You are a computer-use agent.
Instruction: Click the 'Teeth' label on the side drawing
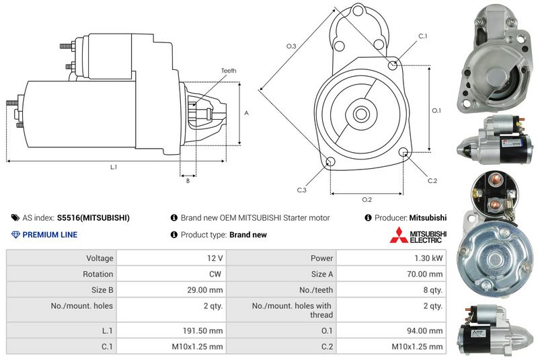tap(229, 71)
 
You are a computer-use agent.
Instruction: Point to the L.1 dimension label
tap(114, 167)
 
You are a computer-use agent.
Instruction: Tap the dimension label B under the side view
tap(188, 180)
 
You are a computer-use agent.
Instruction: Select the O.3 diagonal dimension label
tap(291, 46)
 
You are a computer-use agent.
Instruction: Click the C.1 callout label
tap(423, 36)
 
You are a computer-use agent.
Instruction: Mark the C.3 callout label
tap(301, 190)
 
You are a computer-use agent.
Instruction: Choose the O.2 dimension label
tap(367, 199)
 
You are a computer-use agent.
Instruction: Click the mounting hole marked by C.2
tap(403, 151)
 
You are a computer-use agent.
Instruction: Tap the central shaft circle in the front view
tap(361, 114)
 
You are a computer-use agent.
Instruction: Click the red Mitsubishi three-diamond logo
tap(398, 235)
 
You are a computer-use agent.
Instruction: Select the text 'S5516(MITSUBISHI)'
tap(93, 218)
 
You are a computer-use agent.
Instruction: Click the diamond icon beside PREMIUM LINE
tap(15, 235)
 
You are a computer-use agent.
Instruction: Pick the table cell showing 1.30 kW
tap(391, 258)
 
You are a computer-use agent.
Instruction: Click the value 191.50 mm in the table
tap(203, 330)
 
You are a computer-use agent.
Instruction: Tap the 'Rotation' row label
tap(98, 274)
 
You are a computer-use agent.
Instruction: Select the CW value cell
tap(171, 274)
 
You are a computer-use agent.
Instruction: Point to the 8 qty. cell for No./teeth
tap(391, 289)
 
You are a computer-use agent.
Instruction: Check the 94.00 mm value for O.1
tap(425, 330)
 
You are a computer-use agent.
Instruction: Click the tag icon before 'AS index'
tap(15, 217)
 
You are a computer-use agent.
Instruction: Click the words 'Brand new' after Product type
tap(248, 235)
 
